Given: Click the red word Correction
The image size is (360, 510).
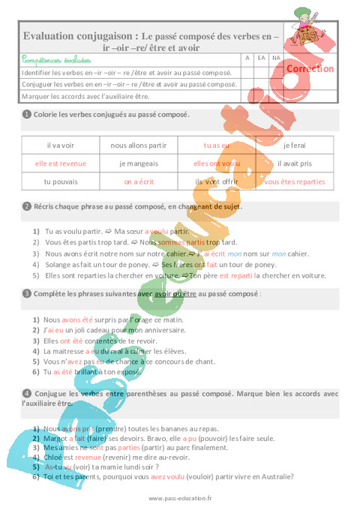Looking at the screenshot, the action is (310, 68).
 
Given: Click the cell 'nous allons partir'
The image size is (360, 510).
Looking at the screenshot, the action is (139, 145).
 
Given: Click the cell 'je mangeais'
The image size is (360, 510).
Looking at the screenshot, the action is (139, 163).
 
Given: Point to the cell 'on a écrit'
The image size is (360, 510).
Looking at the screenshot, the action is (139, 181).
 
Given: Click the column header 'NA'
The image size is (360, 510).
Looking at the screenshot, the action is (276, 58).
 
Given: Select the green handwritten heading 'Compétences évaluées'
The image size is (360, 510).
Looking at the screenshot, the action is (57, 58).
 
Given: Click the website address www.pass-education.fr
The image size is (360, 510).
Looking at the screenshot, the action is (180, 498).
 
